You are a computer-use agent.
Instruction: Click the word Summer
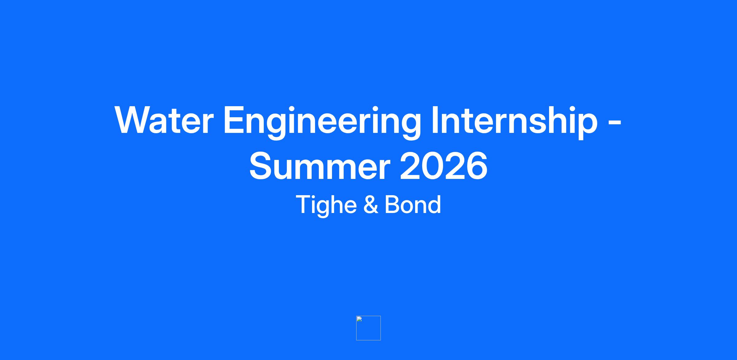320,166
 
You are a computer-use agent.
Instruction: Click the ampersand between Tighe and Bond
370,204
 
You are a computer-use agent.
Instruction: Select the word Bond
413,204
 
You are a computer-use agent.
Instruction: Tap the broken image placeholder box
368,328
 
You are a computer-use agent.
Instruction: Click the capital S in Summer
261,166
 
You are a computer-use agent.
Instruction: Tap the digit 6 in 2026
477,166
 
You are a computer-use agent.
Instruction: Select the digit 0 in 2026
432,166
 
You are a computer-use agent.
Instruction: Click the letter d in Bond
434,204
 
